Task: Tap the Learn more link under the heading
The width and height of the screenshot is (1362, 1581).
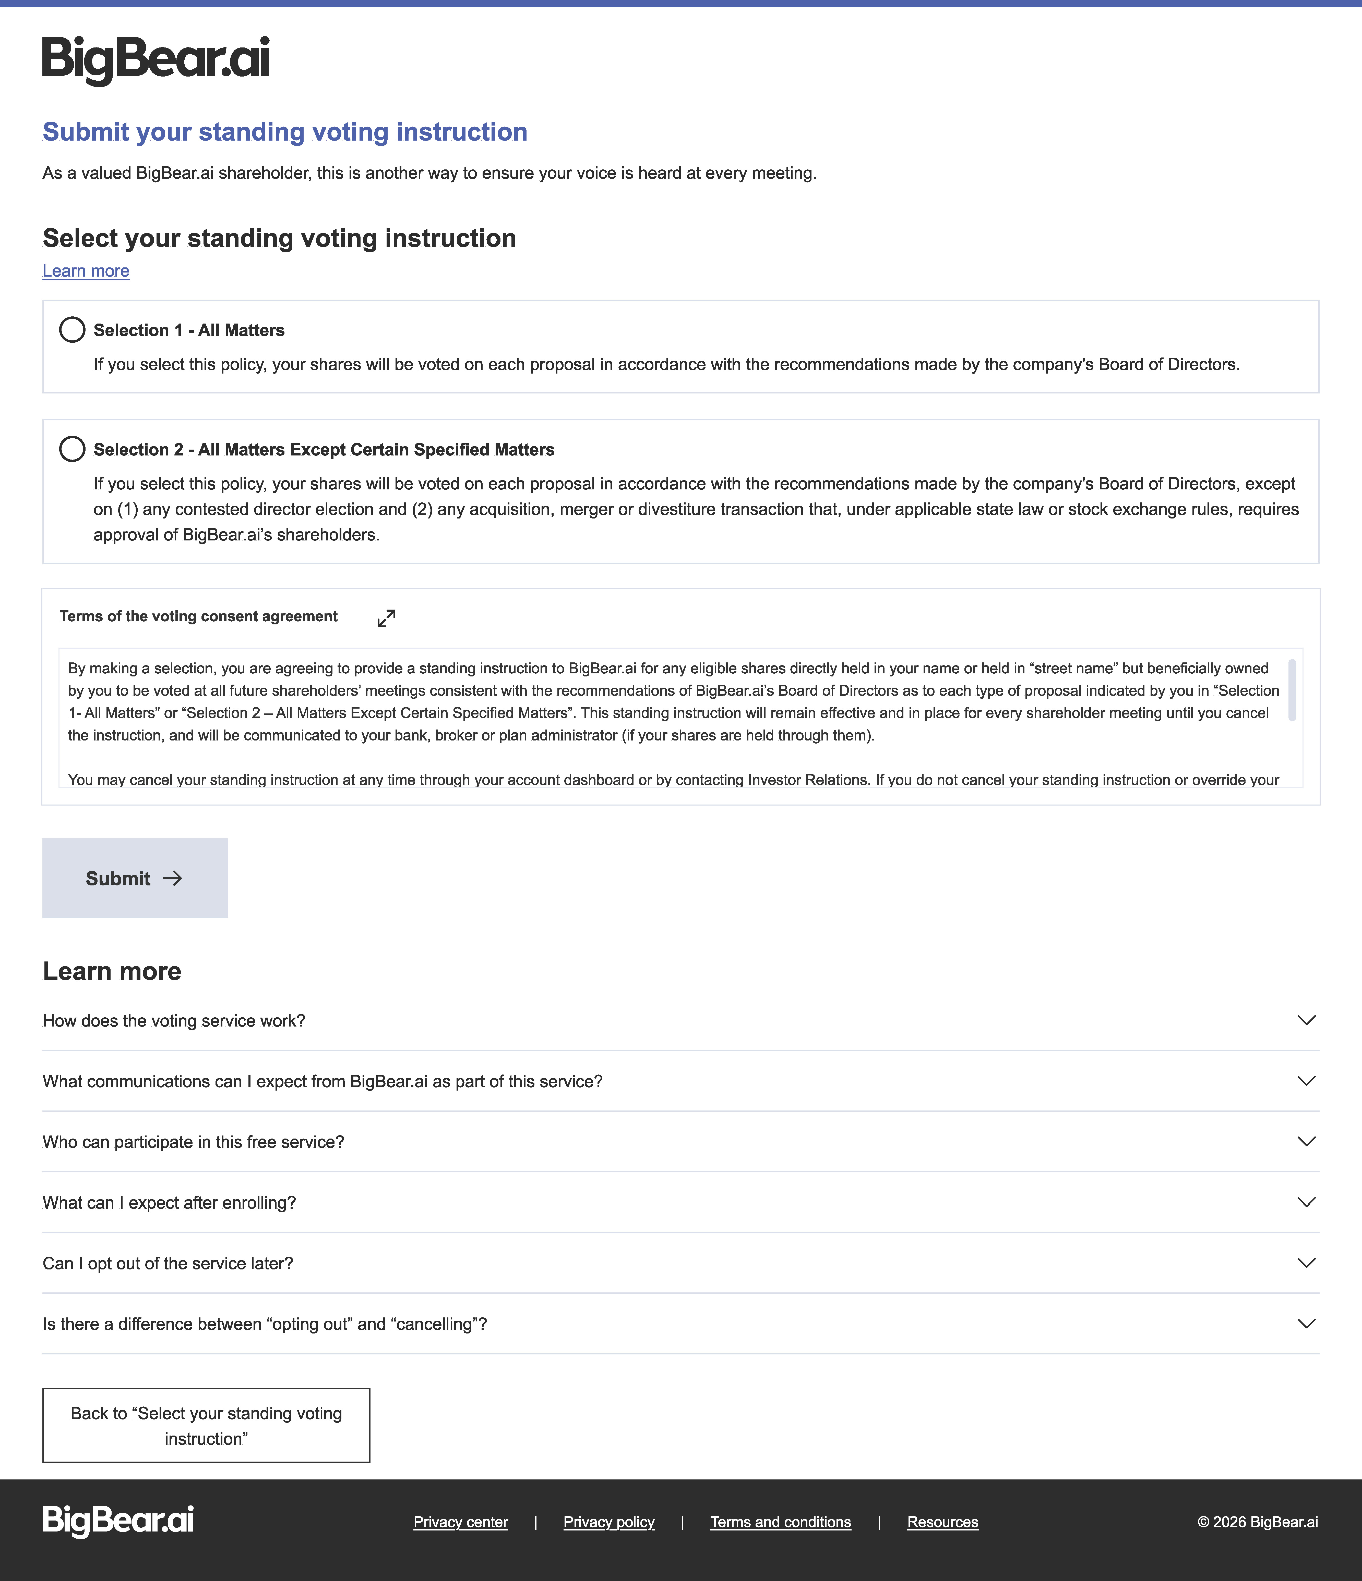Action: click(x=86, y=271)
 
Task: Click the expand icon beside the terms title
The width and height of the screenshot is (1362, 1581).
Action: click(x=386, y=618)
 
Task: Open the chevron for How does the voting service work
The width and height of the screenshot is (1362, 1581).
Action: click(x=1306, y=1020)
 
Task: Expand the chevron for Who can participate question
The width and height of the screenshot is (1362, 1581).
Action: click(x=1306, y=1142)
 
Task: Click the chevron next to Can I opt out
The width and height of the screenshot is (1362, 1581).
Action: click(x=1306, y=1263)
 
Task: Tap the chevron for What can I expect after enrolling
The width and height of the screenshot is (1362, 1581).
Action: click(x=1306, y=1202)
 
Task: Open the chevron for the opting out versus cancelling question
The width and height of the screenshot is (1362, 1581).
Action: click(x=1306, y=1323)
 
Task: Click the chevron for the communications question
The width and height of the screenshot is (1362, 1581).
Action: click(x=1306, y=1080)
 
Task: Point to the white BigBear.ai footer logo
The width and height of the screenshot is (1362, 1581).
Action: click(x=118, y=1521)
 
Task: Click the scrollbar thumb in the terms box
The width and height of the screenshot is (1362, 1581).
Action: click(x=1292, y=690)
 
